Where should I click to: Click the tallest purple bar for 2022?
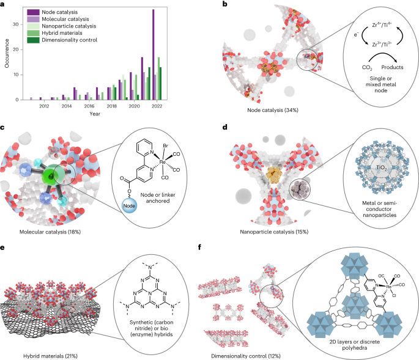click(x=153, y=54)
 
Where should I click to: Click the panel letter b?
click(x=224, y=4)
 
